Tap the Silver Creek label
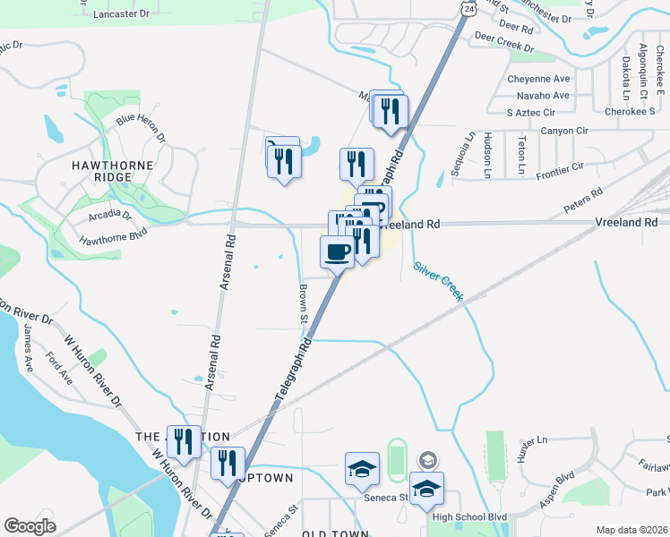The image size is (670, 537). pos(438,280)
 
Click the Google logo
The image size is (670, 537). pos(30,526)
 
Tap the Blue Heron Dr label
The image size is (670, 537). pos(141,126)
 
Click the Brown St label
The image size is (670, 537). pos(304,304)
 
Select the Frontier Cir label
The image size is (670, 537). pos(558,166)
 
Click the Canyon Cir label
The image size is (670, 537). pos(564,131)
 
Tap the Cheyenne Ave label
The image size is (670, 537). pos(538,79)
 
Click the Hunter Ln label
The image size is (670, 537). pos(532,441)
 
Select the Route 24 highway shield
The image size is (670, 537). pos(470,7)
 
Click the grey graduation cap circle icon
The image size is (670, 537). pos(428,460)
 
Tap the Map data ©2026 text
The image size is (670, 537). pos(632,530)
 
